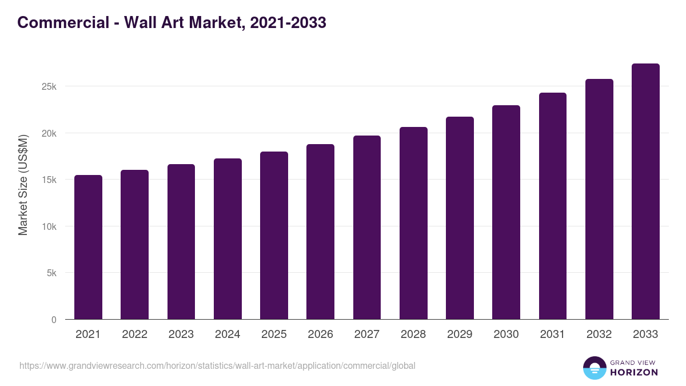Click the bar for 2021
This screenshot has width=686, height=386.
coord(88,247)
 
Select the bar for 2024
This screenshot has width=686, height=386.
coord(228,239)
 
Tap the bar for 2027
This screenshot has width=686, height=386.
coord(367,228)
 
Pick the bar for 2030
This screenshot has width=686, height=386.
coord(506,212)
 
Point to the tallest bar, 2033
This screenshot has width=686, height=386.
coord(645,192)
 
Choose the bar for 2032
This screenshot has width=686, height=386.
coord(599,199)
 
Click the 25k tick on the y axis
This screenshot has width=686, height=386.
coord(48,86)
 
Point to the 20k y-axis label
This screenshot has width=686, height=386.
coord(48,133)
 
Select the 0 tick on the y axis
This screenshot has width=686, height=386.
coord(54,320)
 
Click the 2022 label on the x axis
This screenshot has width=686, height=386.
coord(134,335)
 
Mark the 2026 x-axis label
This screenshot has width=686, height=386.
coord(320,335)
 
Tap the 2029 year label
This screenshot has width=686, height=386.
coord(460,335)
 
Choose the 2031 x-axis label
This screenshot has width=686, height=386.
coord(552,335)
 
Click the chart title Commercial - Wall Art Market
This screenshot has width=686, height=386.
coord(171,22)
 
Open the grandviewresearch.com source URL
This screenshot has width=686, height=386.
coord(217,365)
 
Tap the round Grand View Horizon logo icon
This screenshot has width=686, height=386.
coord(594,368)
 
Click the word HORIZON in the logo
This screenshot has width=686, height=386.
coord(633,372)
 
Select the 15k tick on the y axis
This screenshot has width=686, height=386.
coord(48,180)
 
